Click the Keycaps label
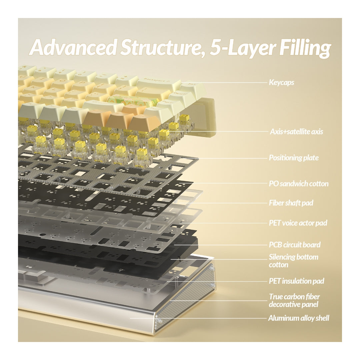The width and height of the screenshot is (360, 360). click(281, 82)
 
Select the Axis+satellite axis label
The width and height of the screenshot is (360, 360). click(296, 132)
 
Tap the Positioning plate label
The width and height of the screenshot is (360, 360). click(294, 158)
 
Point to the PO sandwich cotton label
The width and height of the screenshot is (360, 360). click(298, 184)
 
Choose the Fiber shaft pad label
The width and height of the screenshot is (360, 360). click(291, 203)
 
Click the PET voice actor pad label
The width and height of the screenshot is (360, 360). click(298, 223)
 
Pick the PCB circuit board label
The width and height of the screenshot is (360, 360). click(295, 245)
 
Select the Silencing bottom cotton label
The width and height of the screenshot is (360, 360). click(293, 261)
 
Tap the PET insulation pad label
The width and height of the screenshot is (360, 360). click(296, 281)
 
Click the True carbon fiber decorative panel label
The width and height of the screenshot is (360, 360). click(294, 301)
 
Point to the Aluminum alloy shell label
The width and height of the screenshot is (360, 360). click(299, 318)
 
